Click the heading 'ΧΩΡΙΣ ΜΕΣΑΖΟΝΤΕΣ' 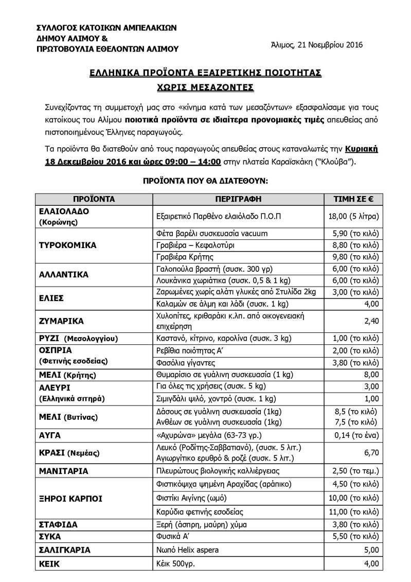click(x=205, y=87)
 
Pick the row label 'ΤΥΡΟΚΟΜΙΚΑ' click(x=68, y=245)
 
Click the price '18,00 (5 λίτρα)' click(x=353, y=217)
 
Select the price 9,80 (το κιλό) click(x=355, y=257)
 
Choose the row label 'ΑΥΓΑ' click(x=50, y=435)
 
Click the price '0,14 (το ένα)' click(x=355, y=435)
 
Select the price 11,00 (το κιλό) click(x=354, y=512)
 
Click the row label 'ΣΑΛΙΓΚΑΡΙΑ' click(x=65, y=550)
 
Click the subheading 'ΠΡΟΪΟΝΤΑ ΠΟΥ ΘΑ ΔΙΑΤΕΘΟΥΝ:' click(x=205, y=182)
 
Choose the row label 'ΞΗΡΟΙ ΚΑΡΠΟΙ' click(x=70, y=498)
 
